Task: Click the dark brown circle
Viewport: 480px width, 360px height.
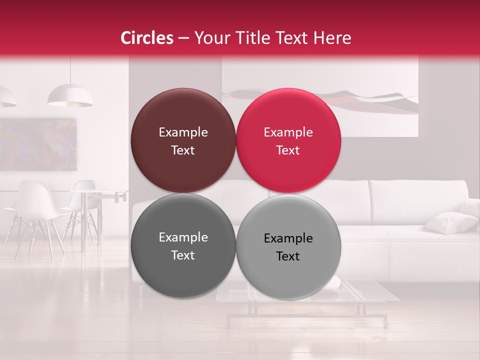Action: [x=183, y=140]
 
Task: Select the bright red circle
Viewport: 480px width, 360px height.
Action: [x=288, y=140]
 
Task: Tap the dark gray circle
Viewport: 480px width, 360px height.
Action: [x=183, y=245]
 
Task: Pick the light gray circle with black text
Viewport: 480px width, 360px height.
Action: [x=288, y=246]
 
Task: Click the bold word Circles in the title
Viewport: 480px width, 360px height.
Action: [x=147, y=38]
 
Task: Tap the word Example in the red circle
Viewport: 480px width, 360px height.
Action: [x=288, y=132]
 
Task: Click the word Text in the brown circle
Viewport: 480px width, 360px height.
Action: [x=183, y=150]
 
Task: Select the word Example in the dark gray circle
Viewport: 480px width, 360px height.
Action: [x=183, y=237]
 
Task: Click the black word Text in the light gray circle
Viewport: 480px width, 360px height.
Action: [x=288, y=256]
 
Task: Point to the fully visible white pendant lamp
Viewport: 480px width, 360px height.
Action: [x=70, y=96]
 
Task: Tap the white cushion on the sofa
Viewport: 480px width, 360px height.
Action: [x=450, y=222]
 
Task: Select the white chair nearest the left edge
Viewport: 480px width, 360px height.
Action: [x=32, y=210]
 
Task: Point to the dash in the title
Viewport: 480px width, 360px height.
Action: [x=183, y=38]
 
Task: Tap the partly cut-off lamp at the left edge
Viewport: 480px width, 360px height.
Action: [x=6, y=96]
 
